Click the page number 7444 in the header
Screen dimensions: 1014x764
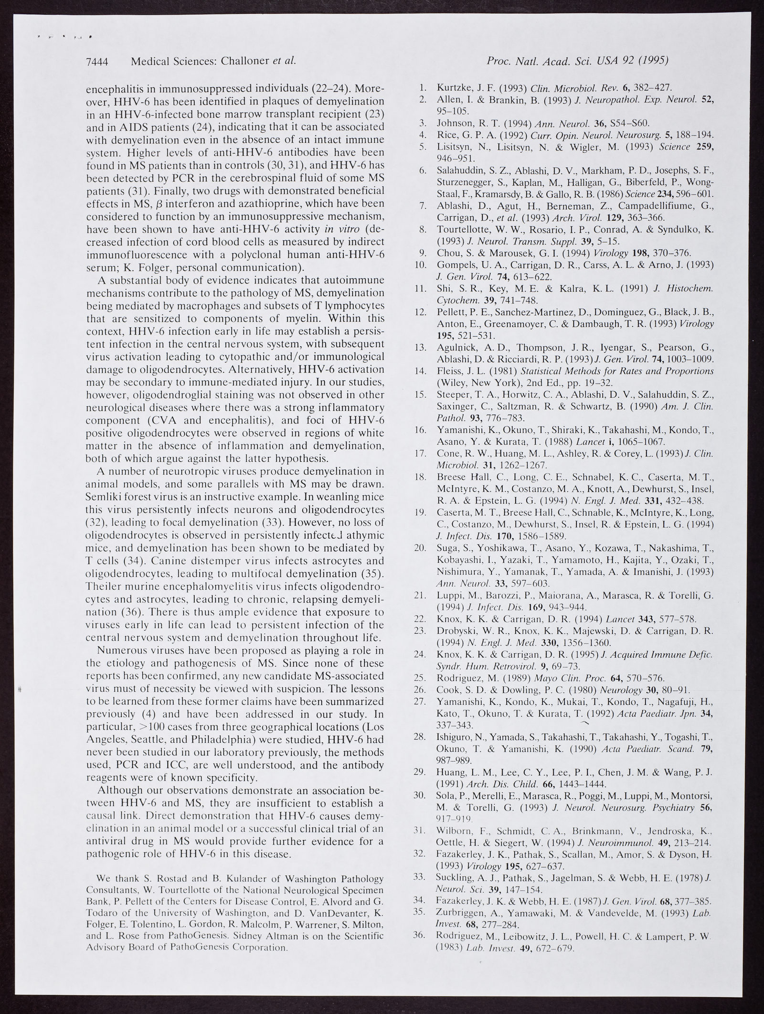[98, 61]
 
